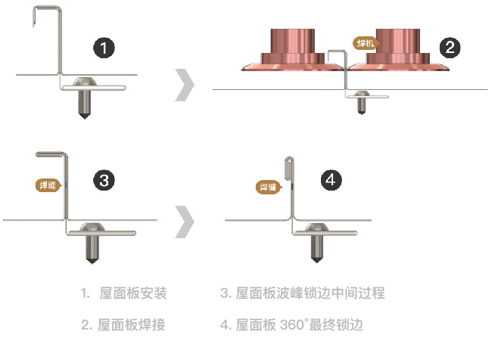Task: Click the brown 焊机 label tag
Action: [365, 44]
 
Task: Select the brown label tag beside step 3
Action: [48, 184]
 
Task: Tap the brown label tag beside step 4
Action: [269, 186]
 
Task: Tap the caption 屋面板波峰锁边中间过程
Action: [311, 293]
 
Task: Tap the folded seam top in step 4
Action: [288, 160]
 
